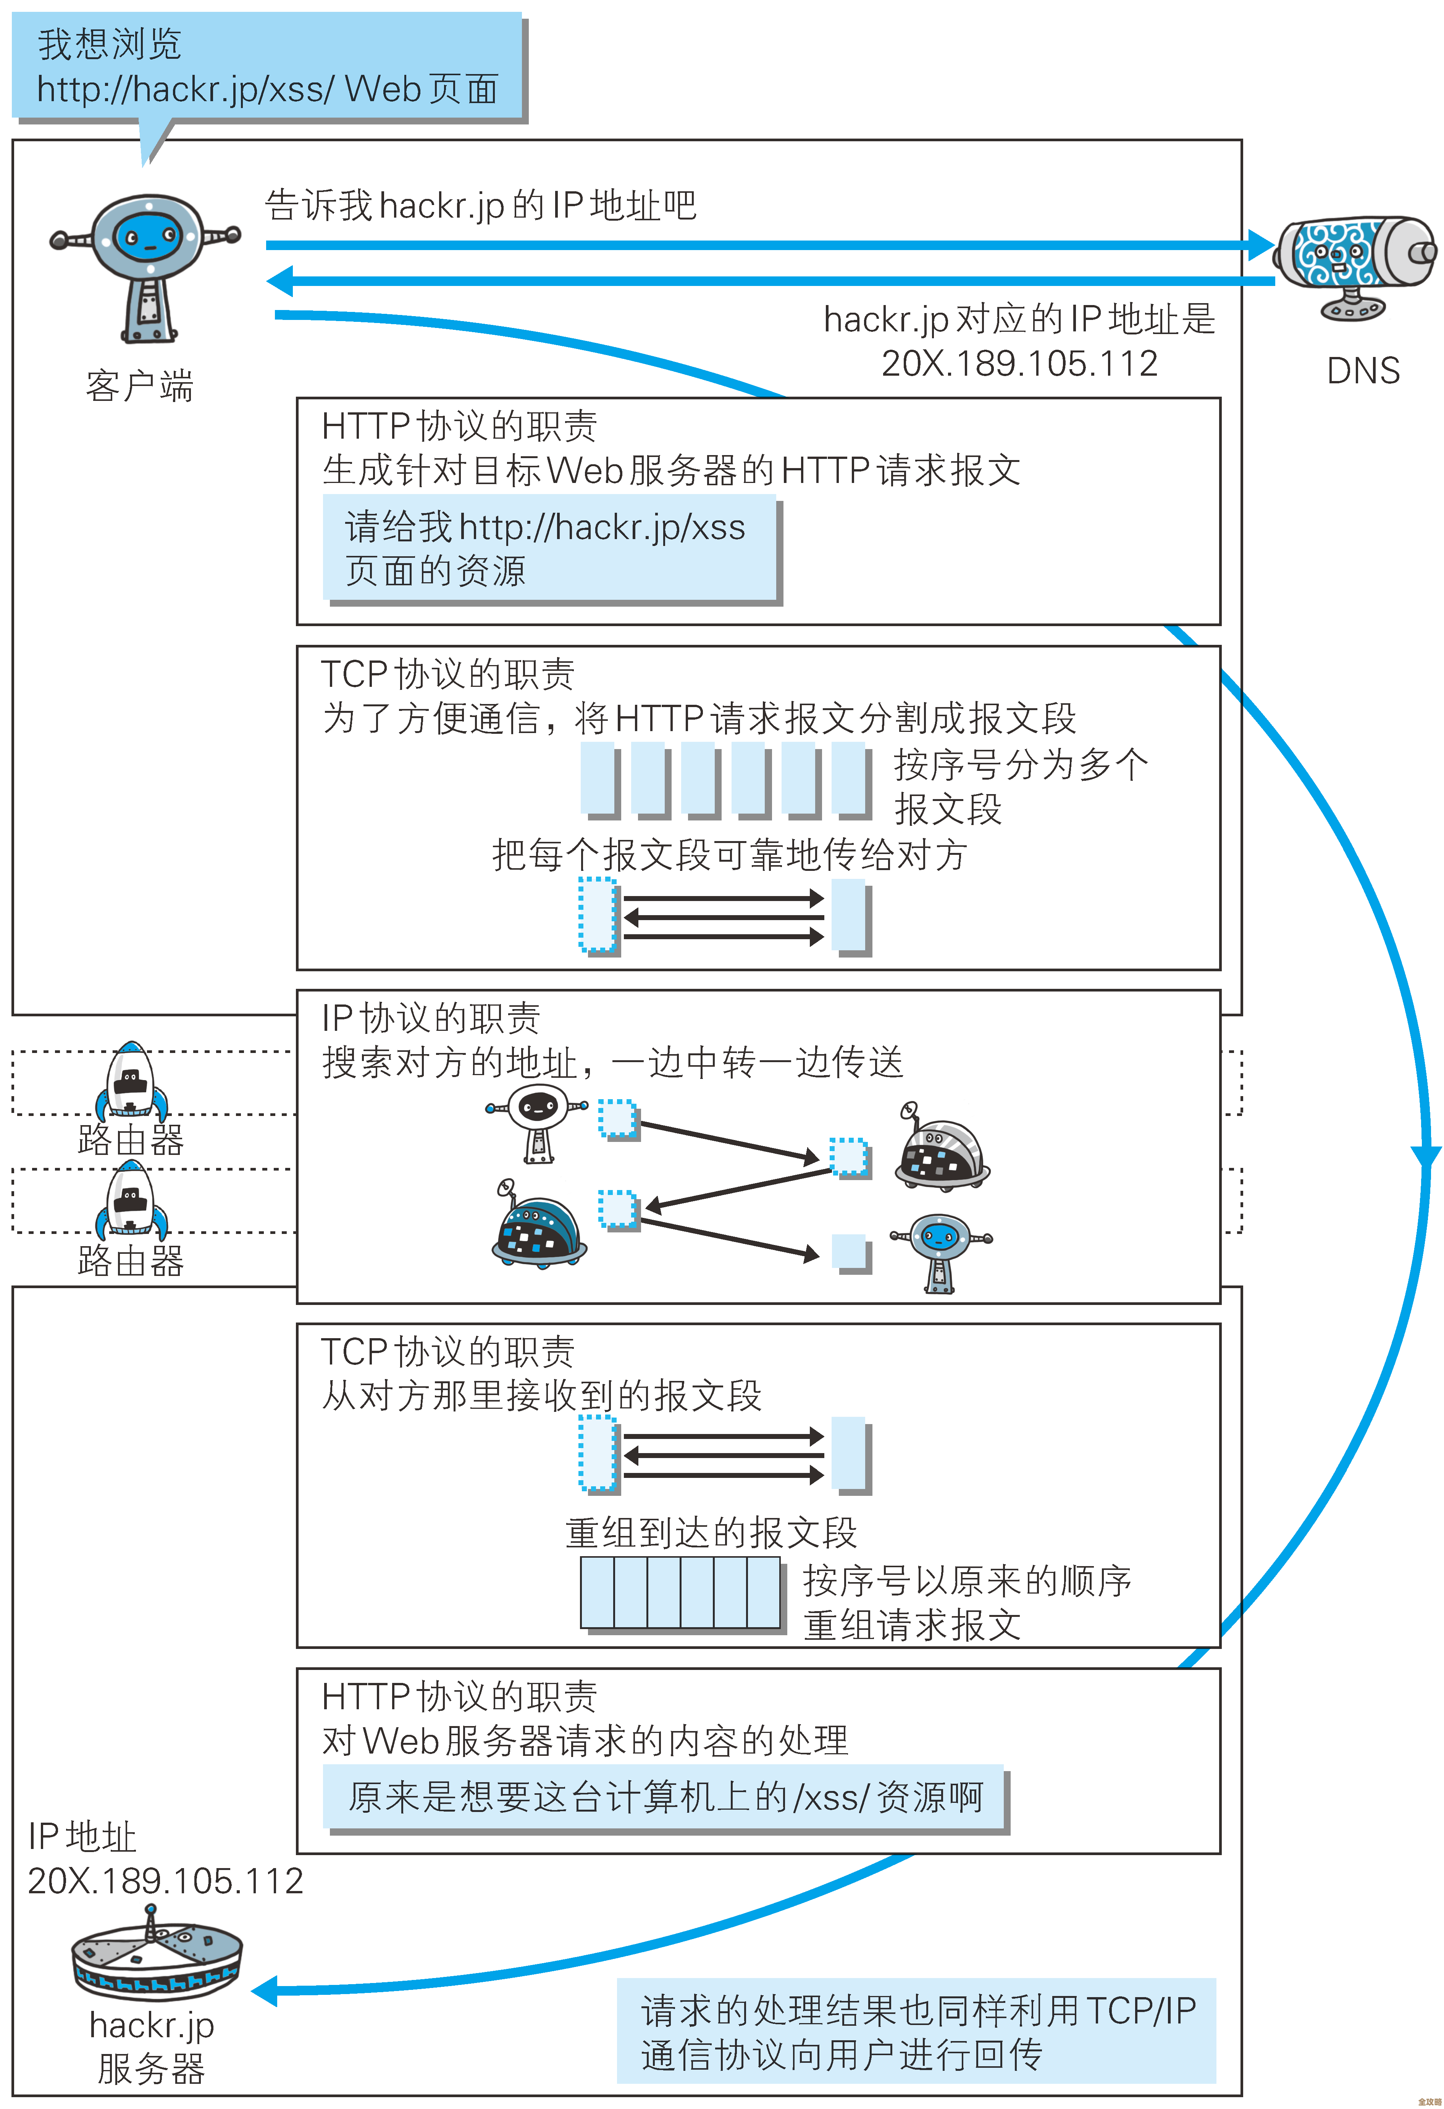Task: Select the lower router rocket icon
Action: [x=132, y=1200]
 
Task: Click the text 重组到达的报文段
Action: [x=711, y=1533]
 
